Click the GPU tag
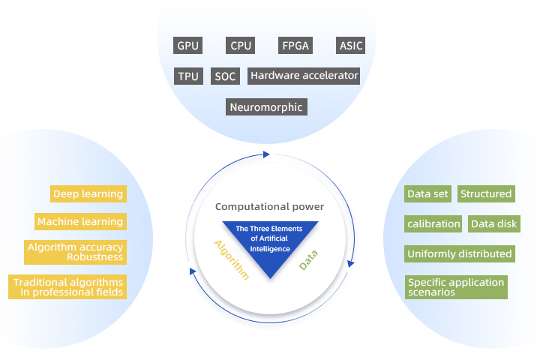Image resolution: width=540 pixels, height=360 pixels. coord(188,46)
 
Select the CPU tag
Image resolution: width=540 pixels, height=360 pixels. coord(241,46)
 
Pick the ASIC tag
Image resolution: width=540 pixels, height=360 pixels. coord(350,46)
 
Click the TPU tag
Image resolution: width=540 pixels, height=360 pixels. coord(188,76)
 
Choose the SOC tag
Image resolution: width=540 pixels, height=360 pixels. coord(225,76)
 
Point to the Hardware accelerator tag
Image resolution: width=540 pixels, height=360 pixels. coord(304,76)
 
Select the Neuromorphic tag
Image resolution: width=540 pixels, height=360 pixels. coord(266,107)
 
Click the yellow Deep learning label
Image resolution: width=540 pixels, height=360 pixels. coord(88,194)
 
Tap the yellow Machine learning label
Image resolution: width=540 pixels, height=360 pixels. coord(80,222)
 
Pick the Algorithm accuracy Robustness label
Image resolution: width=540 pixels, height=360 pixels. coord(75,252)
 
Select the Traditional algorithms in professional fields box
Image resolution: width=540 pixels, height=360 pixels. coord(67,287)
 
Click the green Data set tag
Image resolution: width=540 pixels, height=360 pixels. coord(427,194)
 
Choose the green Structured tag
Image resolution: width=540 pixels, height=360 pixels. coord(486,194)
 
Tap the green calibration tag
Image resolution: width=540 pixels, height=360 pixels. coord(433,223)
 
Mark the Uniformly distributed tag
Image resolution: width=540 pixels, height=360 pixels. coord(460,253)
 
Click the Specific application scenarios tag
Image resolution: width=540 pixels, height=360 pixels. coord(455,287)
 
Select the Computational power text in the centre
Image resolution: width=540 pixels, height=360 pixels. coord(269,206)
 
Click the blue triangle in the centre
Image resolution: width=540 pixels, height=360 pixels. coord(270,244)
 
